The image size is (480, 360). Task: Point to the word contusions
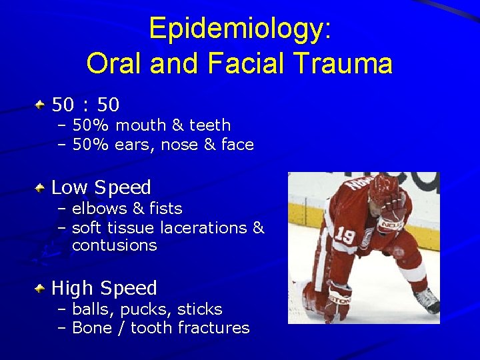pos(114,245)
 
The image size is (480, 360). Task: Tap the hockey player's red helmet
pos(383,187)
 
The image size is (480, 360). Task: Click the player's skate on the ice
pos(426,300)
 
